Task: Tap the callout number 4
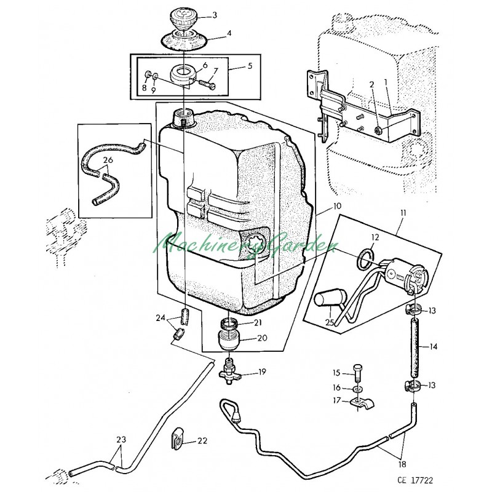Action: click(x=229, y=33)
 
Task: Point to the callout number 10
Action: click(x=336, y=206)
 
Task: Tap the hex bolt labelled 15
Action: click(x=358, y=373)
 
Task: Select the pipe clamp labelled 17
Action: click(x=362, y=403)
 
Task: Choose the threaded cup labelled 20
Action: click(x=229, y=339)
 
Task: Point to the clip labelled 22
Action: click(x=178, y=437)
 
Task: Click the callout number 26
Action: click(x=108, y=160)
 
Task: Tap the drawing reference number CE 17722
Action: click(x=415, y=480)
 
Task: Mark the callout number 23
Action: click(x=121, y=440)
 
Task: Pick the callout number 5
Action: click(x=250, y=66)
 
